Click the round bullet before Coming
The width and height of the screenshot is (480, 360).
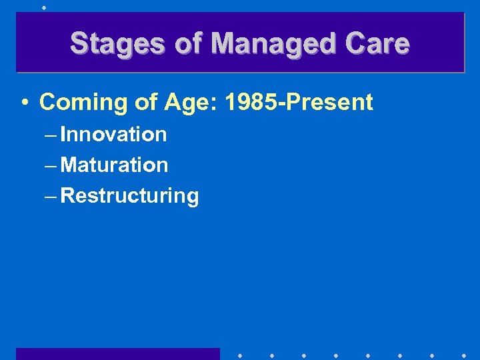tap(25, 103)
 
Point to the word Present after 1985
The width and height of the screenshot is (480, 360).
tap(333, 102)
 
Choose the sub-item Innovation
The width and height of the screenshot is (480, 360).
tap(113, 134)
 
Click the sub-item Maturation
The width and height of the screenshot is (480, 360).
tap(114, 165)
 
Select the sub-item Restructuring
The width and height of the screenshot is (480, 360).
tap(129, 196)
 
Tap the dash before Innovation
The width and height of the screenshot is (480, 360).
tap(51, 135)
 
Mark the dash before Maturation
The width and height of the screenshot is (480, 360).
tap(51, 165)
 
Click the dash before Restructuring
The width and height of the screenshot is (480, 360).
tap(51, 196)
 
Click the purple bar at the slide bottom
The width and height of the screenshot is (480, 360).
tap(117, 354)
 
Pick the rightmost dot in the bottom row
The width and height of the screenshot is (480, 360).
tap(464, 355)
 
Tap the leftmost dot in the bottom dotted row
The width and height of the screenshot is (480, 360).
tap(239, 355)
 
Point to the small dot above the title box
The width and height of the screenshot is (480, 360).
tap(44, 7)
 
